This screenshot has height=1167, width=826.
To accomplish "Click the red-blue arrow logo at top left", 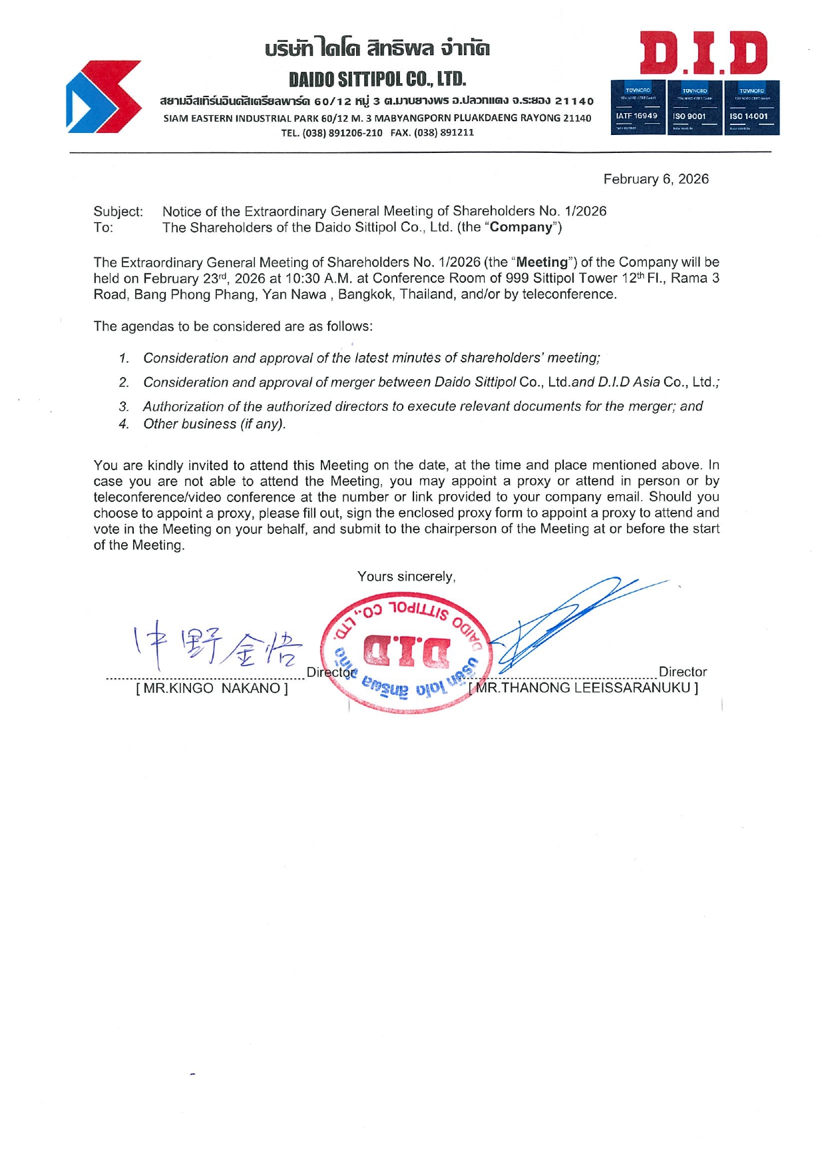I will (103, 97).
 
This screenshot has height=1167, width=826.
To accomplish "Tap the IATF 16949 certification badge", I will (638, 108).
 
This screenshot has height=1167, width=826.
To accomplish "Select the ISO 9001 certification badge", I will (694, 108).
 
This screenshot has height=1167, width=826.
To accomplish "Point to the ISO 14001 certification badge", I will (751, 108).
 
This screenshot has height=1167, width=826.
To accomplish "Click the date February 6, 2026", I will (656, 179).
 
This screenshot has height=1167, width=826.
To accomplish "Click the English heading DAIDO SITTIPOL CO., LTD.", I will (377, 80).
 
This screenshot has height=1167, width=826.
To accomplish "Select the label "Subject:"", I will (118, 211).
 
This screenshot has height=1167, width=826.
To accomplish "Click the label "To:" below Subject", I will (103, 227).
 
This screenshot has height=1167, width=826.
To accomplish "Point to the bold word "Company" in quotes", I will (521, 227).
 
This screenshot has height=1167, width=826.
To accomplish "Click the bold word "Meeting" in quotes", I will (542, 262).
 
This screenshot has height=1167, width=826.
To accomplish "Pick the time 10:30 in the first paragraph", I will (303, 278).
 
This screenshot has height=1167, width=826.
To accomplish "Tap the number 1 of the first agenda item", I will (124, 358).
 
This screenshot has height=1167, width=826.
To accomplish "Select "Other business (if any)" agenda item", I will (214, 424).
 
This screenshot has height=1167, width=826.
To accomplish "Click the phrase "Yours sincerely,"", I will (406, 577).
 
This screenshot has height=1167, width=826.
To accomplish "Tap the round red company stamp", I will (407, 655).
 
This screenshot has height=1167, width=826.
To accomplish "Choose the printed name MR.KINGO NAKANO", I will (212, 688).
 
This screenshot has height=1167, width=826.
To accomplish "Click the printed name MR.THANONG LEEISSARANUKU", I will (584, 688).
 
